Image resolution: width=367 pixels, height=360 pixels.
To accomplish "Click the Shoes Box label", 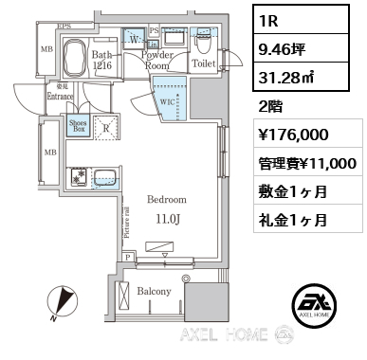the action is tap(78, 127).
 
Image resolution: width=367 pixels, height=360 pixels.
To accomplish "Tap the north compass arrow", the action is tap(64, 301).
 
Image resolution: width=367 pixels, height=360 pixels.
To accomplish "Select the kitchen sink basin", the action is tap(105, 177).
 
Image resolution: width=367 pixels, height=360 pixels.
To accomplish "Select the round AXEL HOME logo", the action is tap(320, 305).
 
